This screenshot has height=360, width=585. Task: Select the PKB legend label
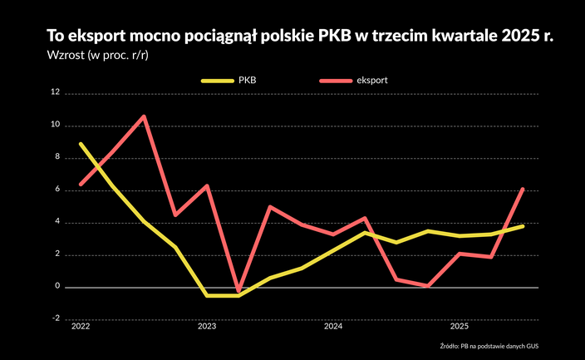click(247, 81)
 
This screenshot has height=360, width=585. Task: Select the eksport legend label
click(374, 81)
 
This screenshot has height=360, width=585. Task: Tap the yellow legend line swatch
click(217, 81)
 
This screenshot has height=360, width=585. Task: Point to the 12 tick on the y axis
click(56, 93)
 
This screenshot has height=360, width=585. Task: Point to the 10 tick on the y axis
click(56, 126)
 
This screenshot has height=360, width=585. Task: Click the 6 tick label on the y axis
click(57, 190)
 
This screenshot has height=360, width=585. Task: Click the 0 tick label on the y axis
click(57, 288)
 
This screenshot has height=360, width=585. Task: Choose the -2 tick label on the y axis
click(56, 319)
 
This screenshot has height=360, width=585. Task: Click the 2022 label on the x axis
click(81, 328)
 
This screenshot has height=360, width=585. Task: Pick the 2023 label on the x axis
click(206, 328)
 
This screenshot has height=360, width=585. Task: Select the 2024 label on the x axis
click(333, 328)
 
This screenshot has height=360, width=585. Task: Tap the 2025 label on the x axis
click(460, 328)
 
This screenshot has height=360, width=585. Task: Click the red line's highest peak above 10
click(144, 116)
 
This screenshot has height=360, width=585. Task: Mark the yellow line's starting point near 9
click(81, 144)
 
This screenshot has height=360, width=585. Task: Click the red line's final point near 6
click(523, 189)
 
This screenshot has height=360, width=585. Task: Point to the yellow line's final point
click(523, 226)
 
